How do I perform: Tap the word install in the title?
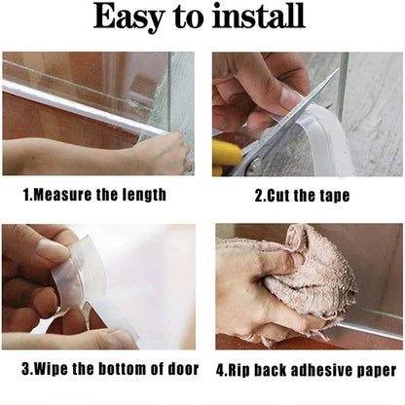(259, 16)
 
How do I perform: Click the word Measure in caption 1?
(62, 195)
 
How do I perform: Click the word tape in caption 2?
(335, 197)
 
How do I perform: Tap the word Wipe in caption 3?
(51, 369)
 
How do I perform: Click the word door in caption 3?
(183, 369)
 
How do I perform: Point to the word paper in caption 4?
(377, 371)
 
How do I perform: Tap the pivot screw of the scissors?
(256, 164)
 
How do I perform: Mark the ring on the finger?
(249, 338)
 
